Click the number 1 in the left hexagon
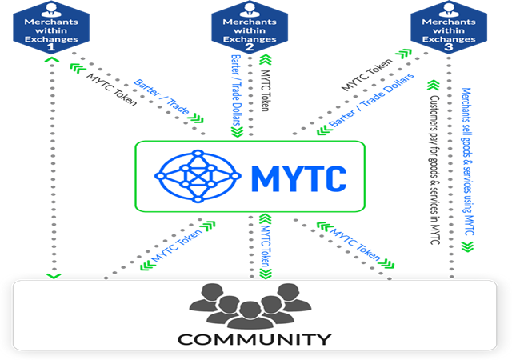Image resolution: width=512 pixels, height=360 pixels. tap(52, 47)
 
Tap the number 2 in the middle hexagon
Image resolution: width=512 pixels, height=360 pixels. tap(250, 47)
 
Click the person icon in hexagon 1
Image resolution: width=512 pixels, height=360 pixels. tap(52, 10)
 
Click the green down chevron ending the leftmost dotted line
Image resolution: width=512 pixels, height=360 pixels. tap(52, 276)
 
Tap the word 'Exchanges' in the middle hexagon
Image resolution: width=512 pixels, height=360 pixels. tap(250, 36)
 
